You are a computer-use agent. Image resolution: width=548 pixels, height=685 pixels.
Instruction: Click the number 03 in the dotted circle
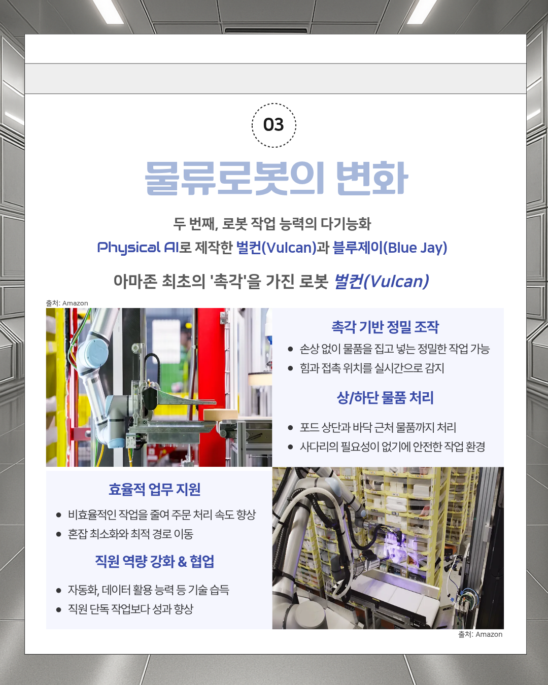[x=273, y=125]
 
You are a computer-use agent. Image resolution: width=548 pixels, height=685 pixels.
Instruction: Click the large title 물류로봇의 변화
[x=276, y=178]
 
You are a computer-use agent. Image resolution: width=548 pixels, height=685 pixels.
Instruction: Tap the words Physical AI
[x=137, y=248]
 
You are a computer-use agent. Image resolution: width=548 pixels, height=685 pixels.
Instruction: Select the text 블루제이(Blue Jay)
[x=390, y=248]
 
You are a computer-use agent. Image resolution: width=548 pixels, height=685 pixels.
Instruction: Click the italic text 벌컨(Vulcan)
[x=381, y=281]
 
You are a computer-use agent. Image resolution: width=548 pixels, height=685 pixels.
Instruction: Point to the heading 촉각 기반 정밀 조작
[x=385, y=327]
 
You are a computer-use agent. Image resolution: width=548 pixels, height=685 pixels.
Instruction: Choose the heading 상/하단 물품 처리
[x=385, y=398]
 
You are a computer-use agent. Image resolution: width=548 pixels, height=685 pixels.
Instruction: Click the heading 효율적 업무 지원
[x=155, y=490]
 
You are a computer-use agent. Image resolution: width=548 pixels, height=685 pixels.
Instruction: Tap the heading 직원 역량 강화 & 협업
[x=155, y=562]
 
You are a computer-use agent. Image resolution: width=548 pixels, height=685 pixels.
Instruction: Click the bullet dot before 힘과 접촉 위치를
[x=290, y=368]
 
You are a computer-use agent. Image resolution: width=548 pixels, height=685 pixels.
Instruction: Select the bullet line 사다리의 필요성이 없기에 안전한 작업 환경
[x=392, y=447]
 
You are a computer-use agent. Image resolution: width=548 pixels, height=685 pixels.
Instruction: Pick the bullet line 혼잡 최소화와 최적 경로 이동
[x=130, y=534]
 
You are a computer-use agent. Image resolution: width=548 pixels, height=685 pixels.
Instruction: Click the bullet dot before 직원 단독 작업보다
[x=59, y=609]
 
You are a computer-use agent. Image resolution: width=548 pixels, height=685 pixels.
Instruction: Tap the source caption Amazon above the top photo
[x=75, y=303]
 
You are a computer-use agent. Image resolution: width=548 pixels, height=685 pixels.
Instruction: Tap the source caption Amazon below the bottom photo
[x=489, y=634]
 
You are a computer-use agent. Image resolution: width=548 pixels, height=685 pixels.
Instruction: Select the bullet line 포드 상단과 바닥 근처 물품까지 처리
[x=378, y=428]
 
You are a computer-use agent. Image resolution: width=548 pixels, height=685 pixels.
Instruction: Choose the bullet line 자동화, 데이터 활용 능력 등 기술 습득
[x=148, y=590]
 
